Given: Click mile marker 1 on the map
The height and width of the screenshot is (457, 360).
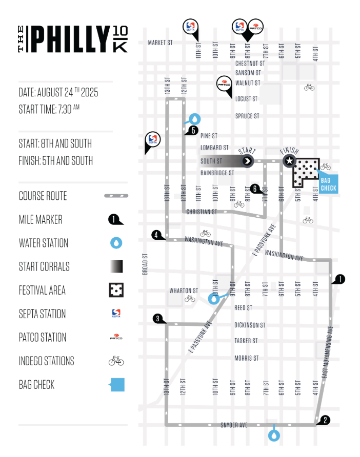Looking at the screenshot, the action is click(339, 279).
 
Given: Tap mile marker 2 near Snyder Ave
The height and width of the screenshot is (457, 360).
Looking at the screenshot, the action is click(325, 420).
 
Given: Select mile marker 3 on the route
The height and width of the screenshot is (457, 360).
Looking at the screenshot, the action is click(158, 319).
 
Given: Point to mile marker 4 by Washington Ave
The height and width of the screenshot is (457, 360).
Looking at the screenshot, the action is click(156, 235).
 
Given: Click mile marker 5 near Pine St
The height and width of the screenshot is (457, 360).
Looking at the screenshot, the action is click(193, 130).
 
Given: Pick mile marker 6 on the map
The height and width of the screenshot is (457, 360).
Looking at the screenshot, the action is click(255, 189).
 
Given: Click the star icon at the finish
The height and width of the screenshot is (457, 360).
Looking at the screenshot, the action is click(289, 160).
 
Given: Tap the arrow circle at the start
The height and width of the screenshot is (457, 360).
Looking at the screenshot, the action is click(247, 161).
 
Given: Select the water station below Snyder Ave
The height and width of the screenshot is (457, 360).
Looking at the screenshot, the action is click(274, 435).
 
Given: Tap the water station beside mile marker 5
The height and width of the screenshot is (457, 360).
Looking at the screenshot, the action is click(194, 119).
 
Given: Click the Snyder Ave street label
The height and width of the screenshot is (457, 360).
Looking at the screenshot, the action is click(234, 425).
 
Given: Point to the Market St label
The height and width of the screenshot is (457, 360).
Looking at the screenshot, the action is click(160, 43).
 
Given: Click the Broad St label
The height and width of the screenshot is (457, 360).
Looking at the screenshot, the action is click(145, 264).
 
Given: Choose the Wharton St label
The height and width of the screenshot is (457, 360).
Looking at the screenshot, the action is click(184, 291).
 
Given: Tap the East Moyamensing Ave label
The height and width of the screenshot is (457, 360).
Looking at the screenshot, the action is click(327, 352).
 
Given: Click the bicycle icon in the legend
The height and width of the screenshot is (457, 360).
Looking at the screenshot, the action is click(116, 361).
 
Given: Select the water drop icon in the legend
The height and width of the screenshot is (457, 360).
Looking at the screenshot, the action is click(116, 243).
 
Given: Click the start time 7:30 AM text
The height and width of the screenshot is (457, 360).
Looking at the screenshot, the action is click(49, 109).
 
